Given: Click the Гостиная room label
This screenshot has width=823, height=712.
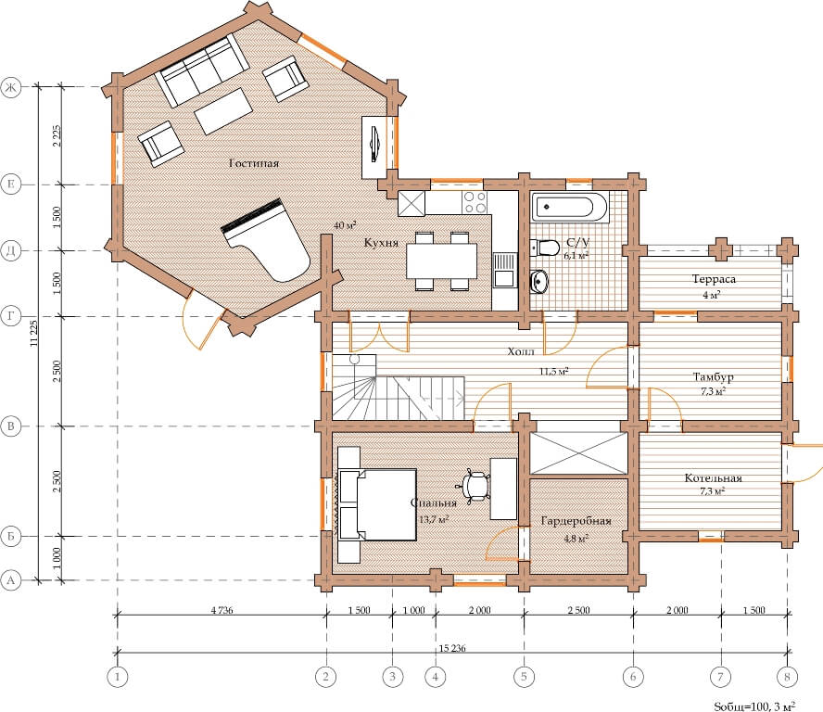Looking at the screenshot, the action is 254,163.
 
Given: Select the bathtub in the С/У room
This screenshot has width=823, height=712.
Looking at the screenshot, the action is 570,207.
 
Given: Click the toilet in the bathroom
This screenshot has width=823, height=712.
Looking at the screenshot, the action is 544,248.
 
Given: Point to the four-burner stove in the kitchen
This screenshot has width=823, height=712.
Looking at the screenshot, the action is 475,202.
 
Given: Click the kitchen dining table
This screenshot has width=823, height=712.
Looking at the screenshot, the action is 441,261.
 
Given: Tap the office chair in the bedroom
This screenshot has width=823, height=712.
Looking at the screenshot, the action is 476,486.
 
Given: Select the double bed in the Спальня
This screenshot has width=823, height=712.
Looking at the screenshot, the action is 378,504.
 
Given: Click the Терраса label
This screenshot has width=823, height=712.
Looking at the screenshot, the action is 714,279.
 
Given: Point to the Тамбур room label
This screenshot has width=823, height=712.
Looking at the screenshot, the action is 714,377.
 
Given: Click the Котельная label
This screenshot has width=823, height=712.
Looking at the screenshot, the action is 713,478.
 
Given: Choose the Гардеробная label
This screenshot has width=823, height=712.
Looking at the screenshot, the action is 576,521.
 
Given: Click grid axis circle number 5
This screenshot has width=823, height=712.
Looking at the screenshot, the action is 524,676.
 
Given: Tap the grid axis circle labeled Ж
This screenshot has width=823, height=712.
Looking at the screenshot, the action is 11,87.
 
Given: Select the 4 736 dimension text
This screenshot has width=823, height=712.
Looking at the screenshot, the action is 222,610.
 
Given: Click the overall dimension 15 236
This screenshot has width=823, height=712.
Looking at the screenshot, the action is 452,648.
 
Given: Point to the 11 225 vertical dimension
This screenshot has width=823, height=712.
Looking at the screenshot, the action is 34,334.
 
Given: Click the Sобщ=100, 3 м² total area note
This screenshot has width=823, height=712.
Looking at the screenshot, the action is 754,706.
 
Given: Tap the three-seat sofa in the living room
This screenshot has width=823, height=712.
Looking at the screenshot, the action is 202,70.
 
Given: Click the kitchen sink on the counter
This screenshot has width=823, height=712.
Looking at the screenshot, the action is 504,270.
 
